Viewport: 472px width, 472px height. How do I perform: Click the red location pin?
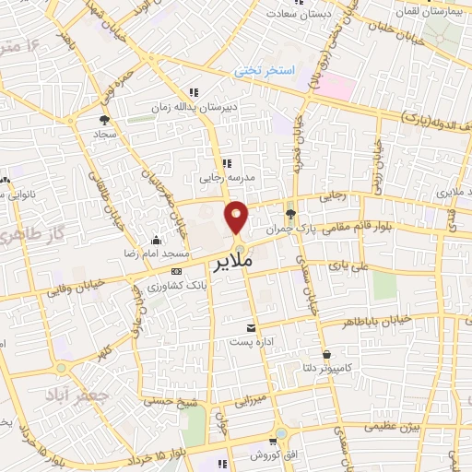click(x=237, y=216)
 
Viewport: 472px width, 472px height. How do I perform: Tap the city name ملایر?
click(x=248, y=264)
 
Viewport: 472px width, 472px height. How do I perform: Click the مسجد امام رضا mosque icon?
click(x=156, y=241)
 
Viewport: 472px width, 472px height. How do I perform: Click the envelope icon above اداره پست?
click(x=251, y=327)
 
